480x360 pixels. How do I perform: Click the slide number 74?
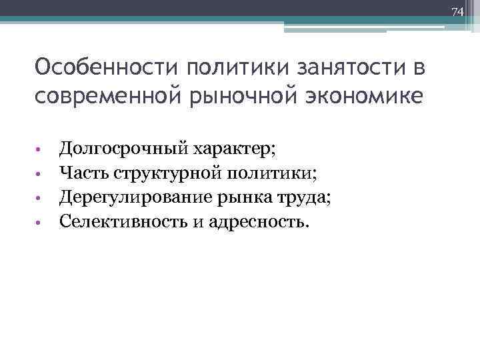click(457, 12)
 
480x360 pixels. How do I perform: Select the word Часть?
click(84, 174)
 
